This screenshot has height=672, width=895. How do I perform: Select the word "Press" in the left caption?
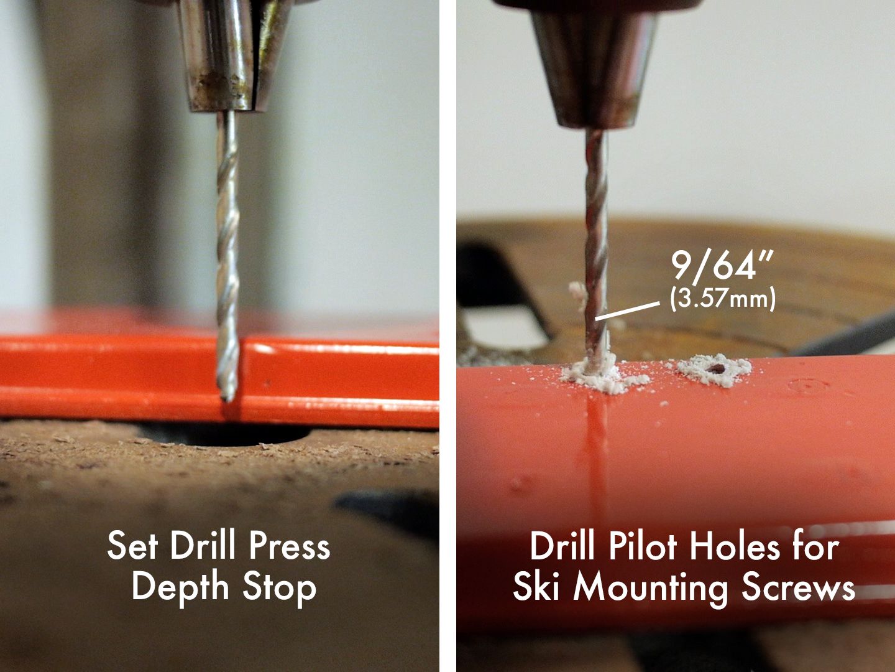coord(289,546)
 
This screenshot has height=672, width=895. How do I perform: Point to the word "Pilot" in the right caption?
coord(642,548)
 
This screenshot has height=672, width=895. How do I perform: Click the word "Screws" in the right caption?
coord(802,587)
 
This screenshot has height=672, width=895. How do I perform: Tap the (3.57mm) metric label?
coord(722,299)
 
